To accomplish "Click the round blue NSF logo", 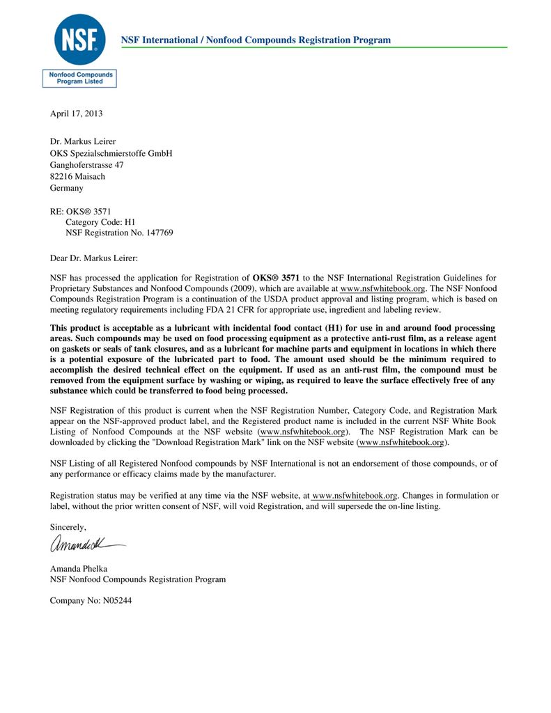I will [x=79, y=39].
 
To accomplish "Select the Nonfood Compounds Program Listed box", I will [x=79, y=78].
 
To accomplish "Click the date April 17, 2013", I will [x=76, y=113].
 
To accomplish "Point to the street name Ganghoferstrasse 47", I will [x=86, y=165].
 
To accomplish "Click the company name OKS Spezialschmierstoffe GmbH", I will [x=111, y=153].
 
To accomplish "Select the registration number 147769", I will [x=157, y=233].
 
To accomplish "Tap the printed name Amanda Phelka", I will [x=78, y=568].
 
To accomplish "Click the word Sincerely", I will [x=68, y=527].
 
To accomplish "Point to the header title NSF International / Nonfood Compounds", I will [x=256, y=40].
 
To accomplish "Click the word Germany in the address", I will [x=66, y=188].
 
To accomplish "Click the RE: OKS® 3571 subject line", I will [x=80, y=211].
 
